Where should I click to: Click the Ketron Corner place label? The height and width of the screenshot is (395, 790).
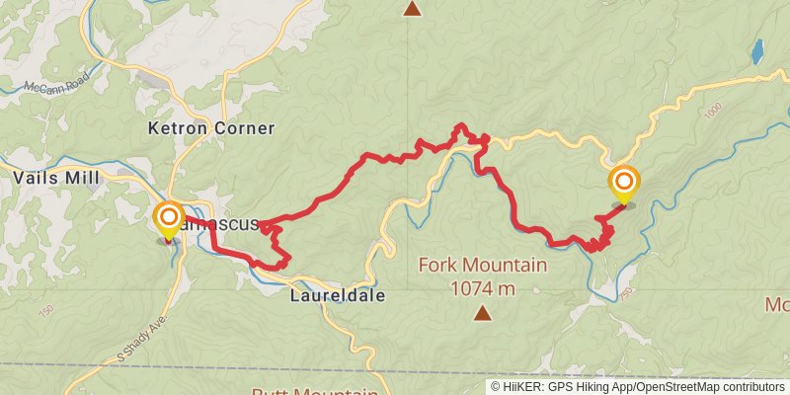pyautogui.click(x=210, y=128)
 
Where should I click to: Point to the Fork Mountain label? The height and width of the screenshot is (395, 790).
pyautogui.click(x=482, y=265)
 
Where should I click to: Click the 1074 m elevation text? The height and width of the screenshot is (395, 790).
pyautogui.click(x=482, y=288)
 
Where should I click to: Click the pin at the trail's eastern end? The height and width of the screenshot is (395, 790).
pyautogui.click(x=624, y=184)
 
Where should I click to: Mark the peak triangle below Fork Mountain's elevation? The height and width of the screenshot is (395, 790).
pyautogui.click(x=482, y=314)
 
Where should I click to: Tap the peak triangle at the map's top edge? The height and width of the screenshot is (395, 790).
pyautogui.click(x=412, y=9)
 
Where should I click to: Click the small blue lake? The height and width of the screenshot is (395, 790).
pyautogui.click(x=757, y=50)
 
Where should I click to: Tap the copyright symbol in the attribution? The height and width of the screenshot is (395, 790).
pyautogui.click(x=496, y=387)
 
